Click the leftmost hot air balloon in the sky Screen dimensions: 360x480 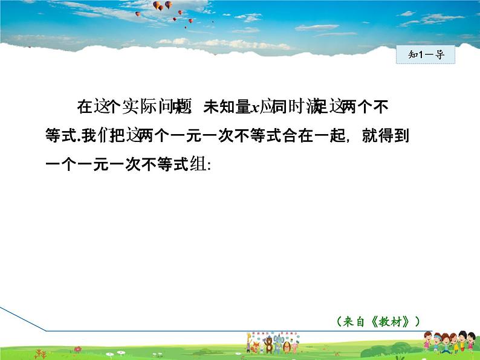click(x=137, y=14)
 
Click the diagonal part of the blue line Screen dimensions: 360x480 click(x=24, y=320)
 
